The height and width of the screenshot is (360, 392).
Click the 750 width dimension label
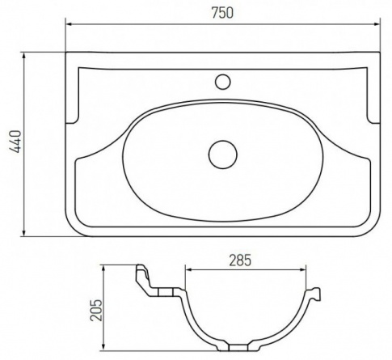tap(222, 13)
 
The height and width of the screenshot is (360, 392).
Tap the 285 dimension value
tap(240, 260)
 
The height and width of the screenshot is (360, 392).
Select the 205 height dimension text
tap(96, 310)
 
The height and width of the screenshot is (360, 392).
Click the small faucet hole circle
tap(223, 82)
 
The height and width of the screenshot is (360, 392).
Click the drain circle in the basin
tap(223, 155)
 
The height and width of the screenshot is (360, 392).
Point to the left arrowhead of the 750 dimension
tap(69, 24)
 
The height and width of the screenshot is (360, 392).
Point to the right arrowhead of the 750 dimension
tap(377, 24)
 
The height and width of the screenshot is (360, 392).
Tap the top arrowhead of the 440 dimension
tap(24, 56)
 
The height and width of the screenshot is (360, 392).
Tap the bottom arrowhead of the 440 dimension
tap(24, 233)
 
